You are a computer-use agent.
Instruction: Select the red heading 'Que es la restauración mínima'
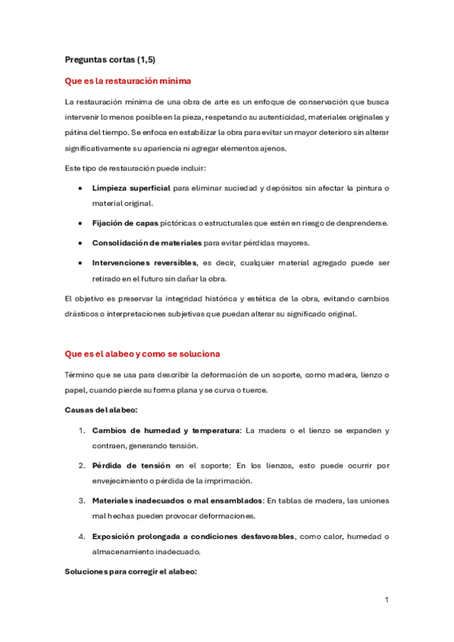pos(128,80)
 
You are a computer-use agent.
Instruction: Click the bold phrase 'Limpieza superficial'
pos(131,188)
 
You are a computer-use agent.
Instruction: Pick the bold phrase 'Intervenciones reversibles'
pos(143,263)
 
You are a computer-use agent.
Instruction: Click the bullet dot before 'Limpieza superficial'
pos(81,188)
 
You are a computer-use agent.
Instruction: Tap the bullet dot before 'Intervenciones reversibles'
pos(81,263)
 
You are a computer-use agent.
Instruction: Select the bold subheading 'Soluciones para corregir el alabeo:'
pos(131,572)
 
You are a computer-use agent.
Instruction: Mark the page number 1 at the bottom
pos(387,600)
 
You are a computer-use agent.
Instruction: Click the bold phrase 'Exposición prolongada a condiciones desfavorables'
pos(193,537)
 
